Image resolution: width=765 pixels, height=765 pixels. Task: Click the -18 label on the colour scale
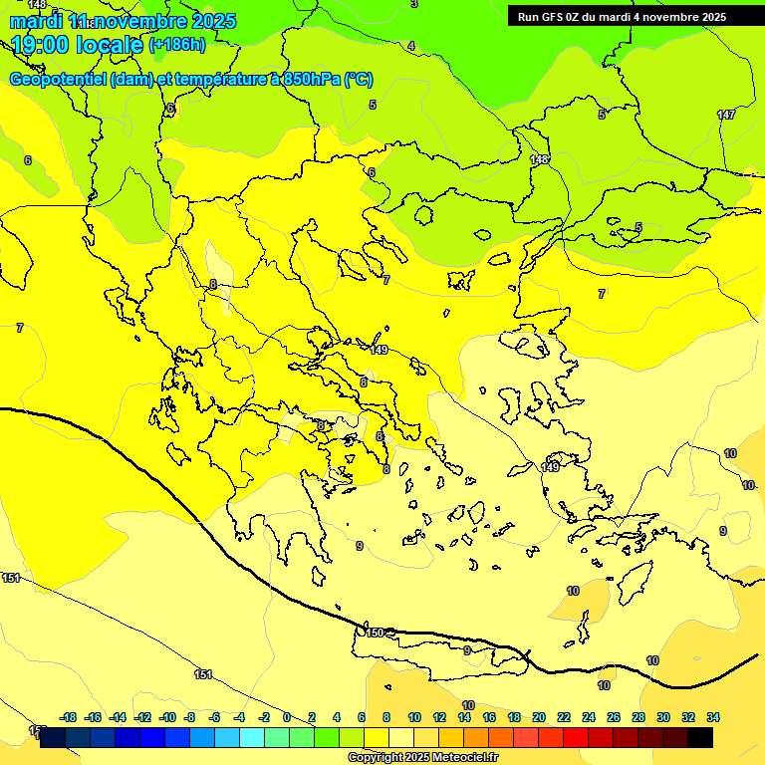[x=68, y=717]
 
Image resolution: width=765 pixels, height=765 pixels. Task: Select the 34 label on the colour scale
[x=712, y=717]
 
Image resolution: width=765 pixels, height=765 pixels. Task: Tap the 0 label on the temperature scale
[x=287, y=717]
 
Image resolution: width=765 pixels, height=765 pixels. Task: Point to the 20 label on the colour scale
[x=539, y=717]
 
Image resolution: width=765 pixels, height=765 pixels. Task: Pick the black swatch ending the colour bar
[x=700, y=737]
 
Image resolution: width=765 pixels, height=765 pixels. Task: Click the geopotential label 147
[x=726, y=115]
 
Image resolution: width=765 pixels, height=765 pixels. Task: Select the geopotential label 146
[x=539, y=159]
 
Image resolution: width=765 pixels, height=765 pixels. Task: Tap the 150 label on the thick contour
[x=375, y=633]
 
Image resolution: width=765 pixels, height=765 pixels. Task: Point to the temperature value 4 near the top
[x=410, y=46]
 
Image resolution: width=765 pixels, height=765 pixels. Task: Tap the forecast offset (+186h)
[x=177, y=45]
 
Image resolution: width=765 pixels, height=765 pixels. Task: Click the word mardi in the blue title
[x=37, y=21]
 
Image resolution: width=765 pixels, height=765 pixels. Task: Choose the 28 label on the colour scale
[x=638, y=717]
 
